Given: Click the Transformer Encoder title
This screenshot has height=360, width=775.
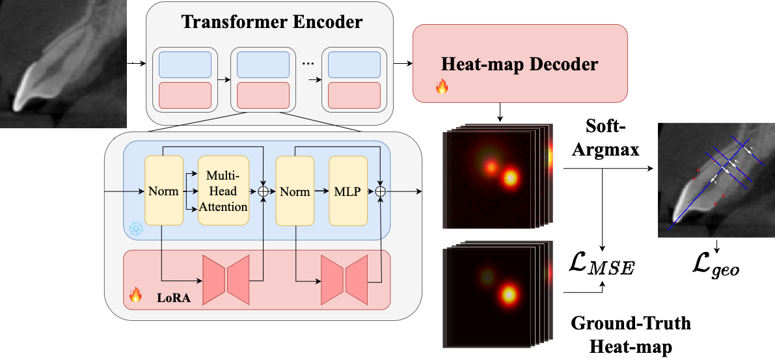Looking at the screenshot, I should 271,21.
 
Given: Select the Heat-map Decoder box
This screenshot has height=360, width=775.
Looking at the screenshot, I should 519,64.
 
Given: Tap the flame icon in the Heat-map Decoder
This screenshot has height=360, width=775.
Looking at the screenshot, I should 442,86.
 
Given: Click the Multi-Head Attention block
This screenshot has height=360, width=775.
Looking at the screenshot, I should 223,190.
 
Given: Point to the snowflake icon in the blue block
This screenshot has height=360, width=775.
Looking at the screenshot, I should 136,228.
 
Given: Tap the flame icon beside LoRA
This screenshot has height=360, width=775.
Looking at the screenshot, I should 135,295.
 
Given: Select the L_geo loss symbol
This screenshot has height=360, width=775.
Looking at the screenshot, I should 716,266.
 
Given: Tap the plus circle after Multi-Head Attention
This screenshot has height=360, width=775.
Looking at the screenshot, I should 263,191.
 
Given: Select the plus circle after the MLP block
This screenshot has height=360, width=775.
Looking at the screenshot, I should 381,191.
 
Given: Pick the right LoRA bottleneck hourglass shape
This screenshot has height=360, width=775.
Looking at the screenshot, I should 346,280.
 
